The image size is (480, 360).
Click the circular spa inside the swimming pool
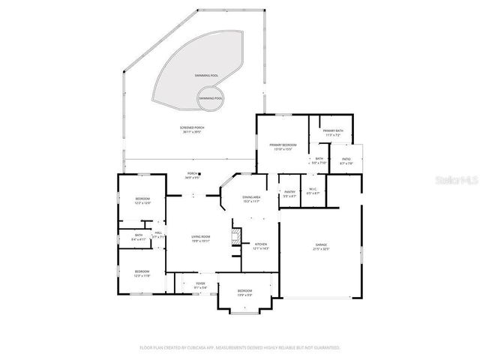tap(211, 98)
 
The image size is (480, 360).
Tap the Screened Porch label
tap(192, 130)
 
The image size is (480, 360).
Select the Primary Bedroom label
tap(283, 146)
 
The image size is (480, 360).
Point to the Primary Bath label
tap(332, 133)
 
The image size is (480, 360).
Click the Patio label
tap(346, 160)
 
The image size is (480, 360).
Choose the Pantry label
tap(289, 193)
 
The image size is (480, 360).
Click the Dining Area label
tap(250, 199)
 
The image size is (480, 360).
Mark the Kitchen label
tap(261, 246)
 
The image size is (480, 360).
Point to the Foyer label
tap(200, 284)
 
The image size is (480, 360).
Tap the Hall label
tap(158, 235)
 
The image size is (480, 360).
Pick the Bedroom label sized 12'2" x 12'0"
tap(142, 201)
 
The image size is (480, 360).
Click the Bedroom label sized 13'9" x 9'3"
tap(245, 292)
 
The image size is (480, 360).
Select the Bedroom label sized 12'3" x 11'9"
tap(142, 273)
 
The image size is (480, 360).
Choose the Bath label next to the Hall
tap(139, 237)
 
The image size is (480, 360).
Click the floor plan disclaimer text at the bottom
tap(240, 348)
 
